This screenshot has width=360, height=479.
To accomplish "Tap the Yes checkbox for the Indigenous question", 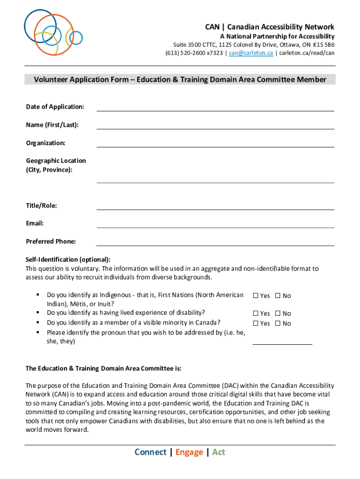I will click(256, 296).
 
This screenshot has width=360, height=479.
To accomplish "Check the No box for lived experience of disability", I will click(278, 313).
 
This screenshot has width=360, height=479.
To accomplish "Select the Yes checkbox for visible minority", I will click(256, 323).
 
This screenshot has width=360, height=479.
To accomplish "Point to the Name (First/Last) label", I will click(52, 125).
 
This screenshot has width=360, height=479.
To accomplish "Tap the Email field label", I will click(35, 224).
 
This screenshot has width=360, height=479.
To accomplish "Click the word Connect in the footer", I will click(150, 452).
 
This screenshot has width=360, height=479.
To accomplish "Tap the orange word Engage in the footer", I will click(189, 452).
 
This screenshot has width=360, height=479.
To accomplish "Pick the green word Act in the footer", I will click(218, 452).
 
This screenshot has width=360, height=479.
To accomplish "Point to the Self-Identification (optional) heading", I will click(68, 260).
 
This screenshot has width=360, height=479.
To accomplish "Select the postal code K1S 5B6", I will click(324, 45).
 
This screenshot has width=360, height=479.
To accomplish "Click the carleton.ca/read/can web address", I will click(307, 53).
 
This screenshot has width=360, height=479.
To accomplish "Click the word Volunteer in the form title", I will click(50, 80).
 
